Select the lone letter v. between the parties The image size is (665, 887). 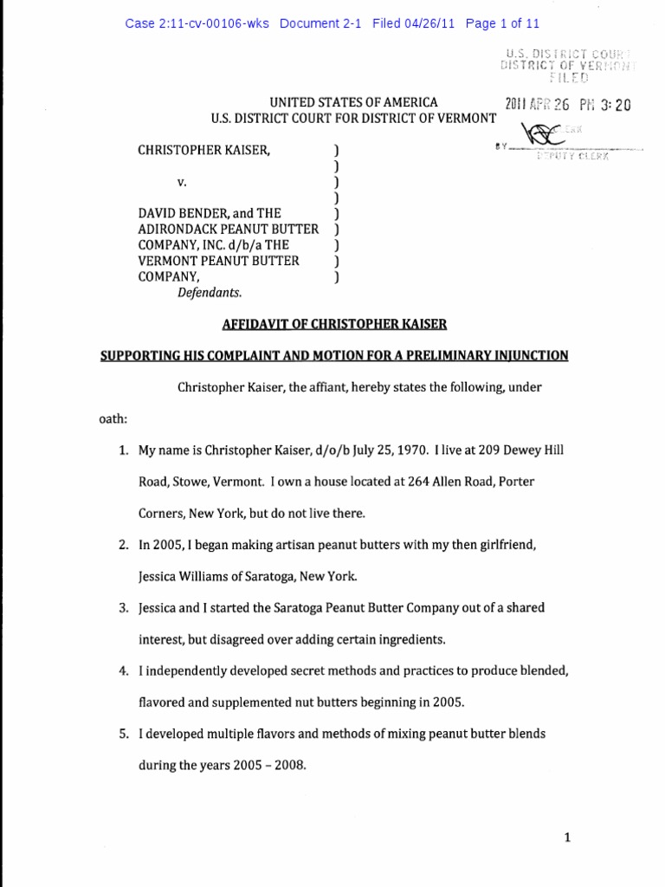point(181,182)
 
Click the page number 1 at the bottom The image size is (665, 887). point(566,838)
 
